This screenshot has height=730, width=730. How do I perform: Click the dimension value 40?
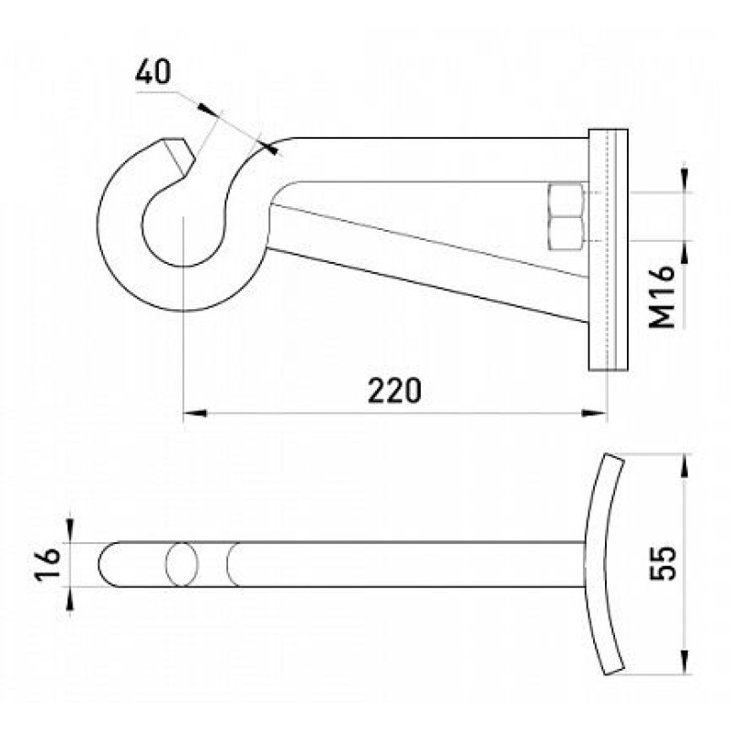coord(153,72)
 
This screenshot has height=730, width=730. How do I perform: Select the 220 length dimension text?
coord(394,391)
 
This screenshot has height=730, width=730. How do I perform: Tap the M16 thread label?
coord(662,297)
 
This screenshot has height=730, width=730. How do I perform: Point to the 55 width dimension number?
coord(662,563)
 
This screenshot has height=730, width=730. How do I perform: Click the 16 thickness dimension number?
coord(47,563)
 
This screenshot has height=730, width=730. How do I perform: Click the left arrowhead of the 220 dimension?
coord(194,413)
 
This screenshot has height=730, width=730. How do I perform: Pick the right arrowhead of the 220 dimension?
coord(595,413)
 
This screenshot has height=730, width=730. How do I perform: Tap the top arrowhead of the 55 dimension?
coord(683,466)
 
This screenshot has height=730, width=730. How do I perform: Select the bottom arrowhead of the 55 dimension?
coord(683,662)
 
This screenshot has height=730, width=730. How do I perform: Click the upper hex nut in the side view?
coord(566,200)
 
